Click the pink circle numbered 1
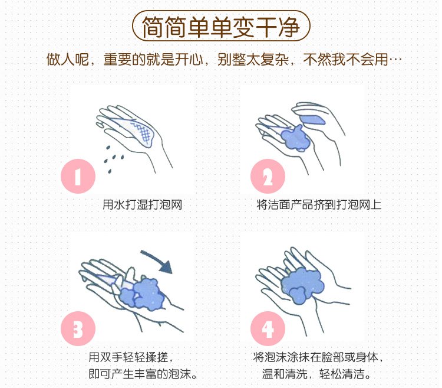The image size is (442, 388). click(x=78, y=176)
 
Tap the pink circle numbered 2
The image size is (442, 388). click(x=268, y=176)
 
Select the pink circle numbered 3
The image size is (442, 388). click(x=78, y=328)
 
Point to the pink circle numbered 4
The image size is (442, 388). click(x=268, y=328)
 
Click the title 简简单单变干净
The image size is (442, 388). click(x=221, y=26)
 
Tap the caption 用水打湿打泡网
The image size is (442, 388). click(x=143, y=204)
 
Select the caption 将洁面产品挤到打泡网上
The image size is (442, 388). click(x=319, y=204)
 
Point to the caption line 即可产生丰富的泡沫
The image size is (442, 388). click(x=143, y=374)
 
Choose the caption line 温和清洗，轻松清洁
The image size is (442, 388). click(x=316, y=374)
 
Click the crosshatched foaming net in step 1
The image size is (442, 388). click(x=143, y=132)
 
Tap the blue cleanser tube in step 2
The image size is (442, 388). click(x=312, y=120)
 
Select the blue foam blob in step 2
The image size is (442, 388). click(x=295, y=138)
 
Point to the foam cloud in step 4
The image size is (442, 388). click(x=302, y=285)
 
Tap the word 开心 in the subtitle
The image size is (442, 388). click(x=189, y=59)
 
